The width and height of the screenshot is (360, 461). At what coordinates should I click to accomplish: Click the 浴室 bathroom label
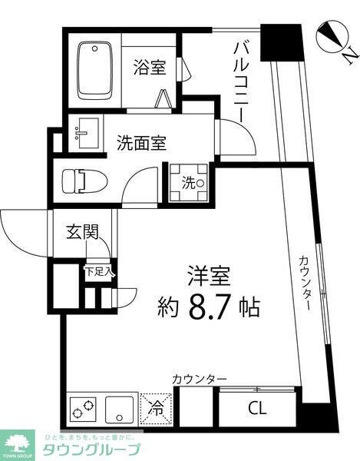click(149, 67)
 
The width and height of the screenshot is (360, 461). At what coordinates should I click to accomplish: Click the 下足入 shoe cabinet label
click(99, 270)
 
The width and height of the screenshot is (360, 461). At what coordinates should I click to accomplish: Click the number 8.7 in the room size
click(208, 307)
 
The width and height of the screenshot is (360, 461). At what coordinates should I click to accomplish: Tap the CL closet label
click(256, 409)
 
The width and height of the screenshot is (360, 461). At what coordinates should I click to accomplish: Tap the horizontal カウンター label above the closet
click(199, 379)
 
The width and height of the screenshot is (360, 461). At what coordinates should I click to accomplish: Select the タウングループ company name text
click(90, 450)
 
